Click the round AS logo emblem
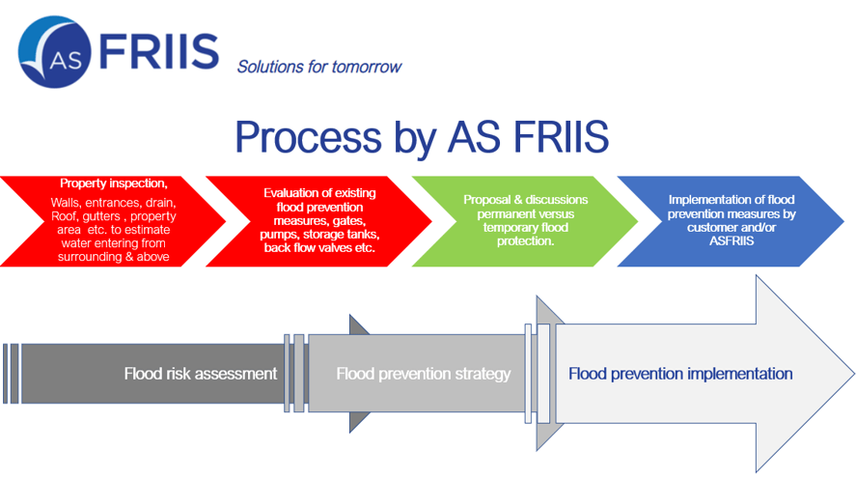coord(55,52)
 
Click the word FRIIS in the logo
coord(159,52)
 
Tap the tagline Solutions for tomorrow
coord(319,67)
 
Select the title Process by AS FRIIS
coord(422,136)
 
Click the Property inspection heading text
coord(114,183)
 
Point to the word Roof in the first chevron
coord(64,216)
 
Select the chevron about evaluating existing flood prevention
coord(318,221)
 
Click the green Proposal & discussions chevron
coord(525,221)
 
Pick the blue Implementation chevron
coord(731,221)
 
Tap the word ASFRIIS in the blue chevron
coord(732,240)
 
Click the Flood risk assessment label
coord(201,374)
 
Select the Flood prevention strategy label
coord(424,374)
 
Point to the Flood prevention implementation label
coord(680,374)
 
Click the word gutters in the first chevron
coord(101,216)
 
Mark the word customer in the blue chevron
coord(709,228)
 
